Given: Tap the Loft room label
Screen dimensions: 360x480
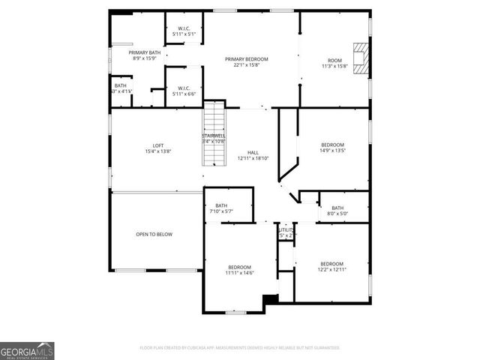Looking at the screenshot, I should [x=158, y=145].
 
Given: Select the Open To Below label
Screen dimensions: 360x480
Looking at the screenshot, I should [x=154, y=235].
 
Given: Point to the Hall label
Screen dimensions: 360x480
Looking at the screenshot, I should [x=253, y=152].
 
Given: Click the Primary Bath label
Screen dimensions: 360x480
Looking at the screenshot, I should [x=144, y=52].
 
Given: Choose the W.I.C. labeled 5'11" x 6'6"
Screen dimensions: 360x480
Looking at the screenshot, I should [x=184, y=90].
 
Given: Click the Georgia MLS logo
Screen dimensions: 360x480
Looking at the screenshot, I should [x=27, y=350].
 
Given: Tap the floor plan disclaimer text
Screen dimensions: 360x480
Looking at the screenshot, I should [x=240, y=348].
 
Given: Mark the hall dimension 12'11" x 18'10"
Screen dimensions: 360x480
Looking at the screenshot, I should [x=253, y=158].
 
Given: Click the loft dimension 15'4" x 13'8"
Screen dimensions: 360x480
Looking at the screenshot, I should [x=158, y=151].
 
